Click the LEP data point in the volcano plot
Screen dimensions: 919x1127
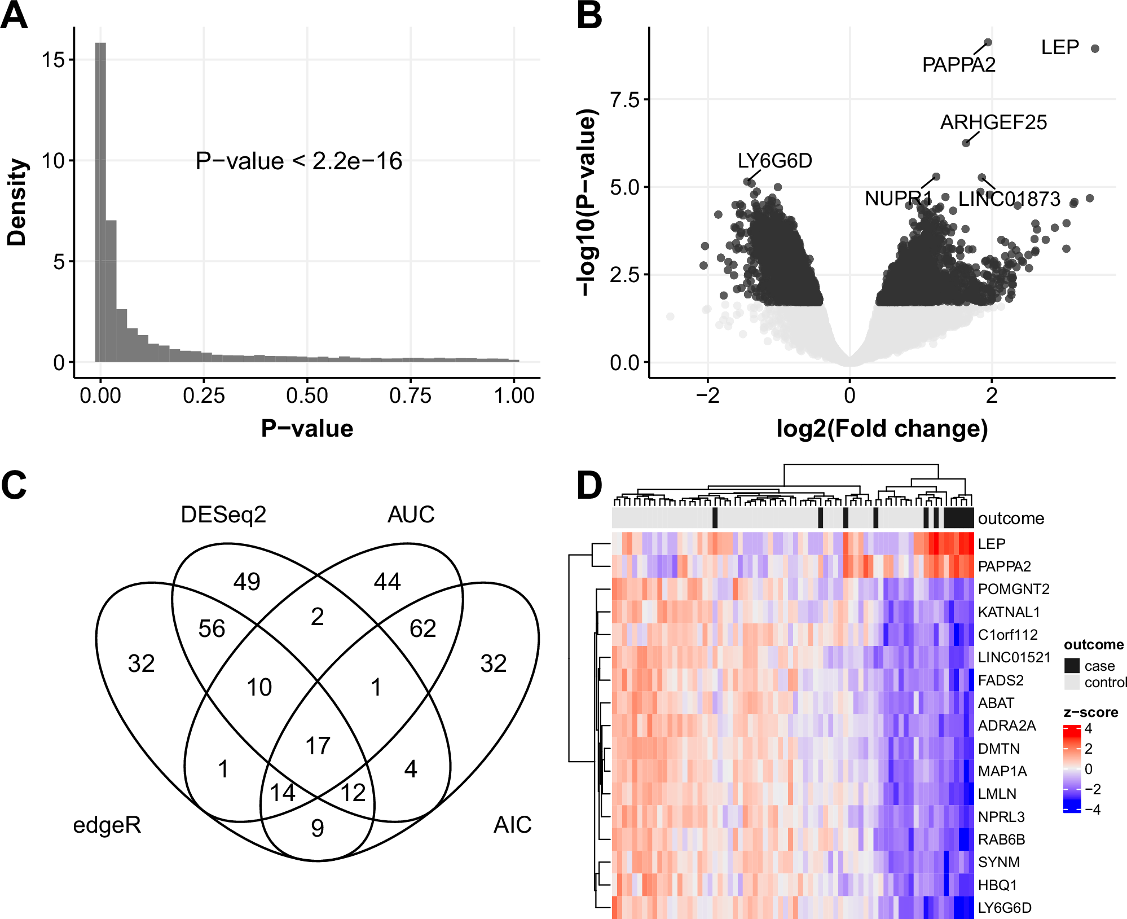click(1095, 49)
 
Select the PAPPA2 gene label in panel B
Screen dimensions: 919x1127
click(958, 65)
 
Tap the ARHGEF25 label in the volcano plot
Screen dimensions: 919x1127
click(993, 122)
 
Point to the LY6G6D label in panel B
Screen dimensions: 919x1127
click(774, 161)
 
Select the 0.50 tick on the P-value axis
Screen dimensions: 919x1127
click(307, 395)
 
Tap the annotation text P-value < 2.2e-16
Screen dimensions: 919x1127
click(298, 161)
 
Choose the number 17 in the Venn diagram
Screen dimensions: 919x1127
click(318, 746)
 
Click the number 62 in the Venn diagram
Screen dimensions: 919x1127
click(422, 628)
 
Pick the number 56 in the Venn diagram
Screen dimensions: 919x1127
click(212, 628)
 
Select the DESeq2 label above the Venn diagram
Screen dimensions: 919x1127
click(223, 515)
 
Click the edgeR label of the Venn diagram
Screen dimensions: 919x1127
click(107, 825)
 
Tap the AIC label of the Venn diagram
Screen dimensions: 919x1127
click(512, 825)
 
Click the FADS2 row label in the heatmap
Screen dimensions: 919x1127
click(1000, 680)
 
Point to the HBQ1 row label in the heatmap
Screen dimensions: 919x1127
click(997, 885)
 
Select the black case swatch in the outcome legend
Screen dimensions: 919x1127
click(1072, 666)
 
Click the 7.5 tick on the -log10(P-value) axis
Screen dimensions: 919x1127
click(625, 100)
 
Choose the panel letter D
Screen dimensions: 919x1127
click(589, 485)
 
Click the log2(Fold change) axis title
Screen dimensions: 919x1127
click(882, 429)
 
